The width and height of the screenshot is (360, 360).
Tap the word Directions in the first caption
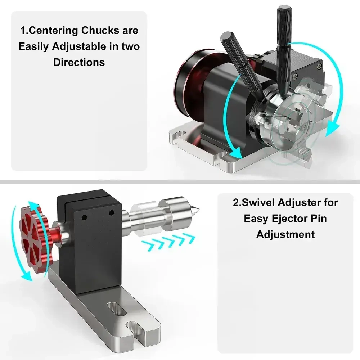tap(79, 62)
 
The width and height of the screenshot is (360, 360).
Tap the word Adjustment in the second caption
tap(285, 234)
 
